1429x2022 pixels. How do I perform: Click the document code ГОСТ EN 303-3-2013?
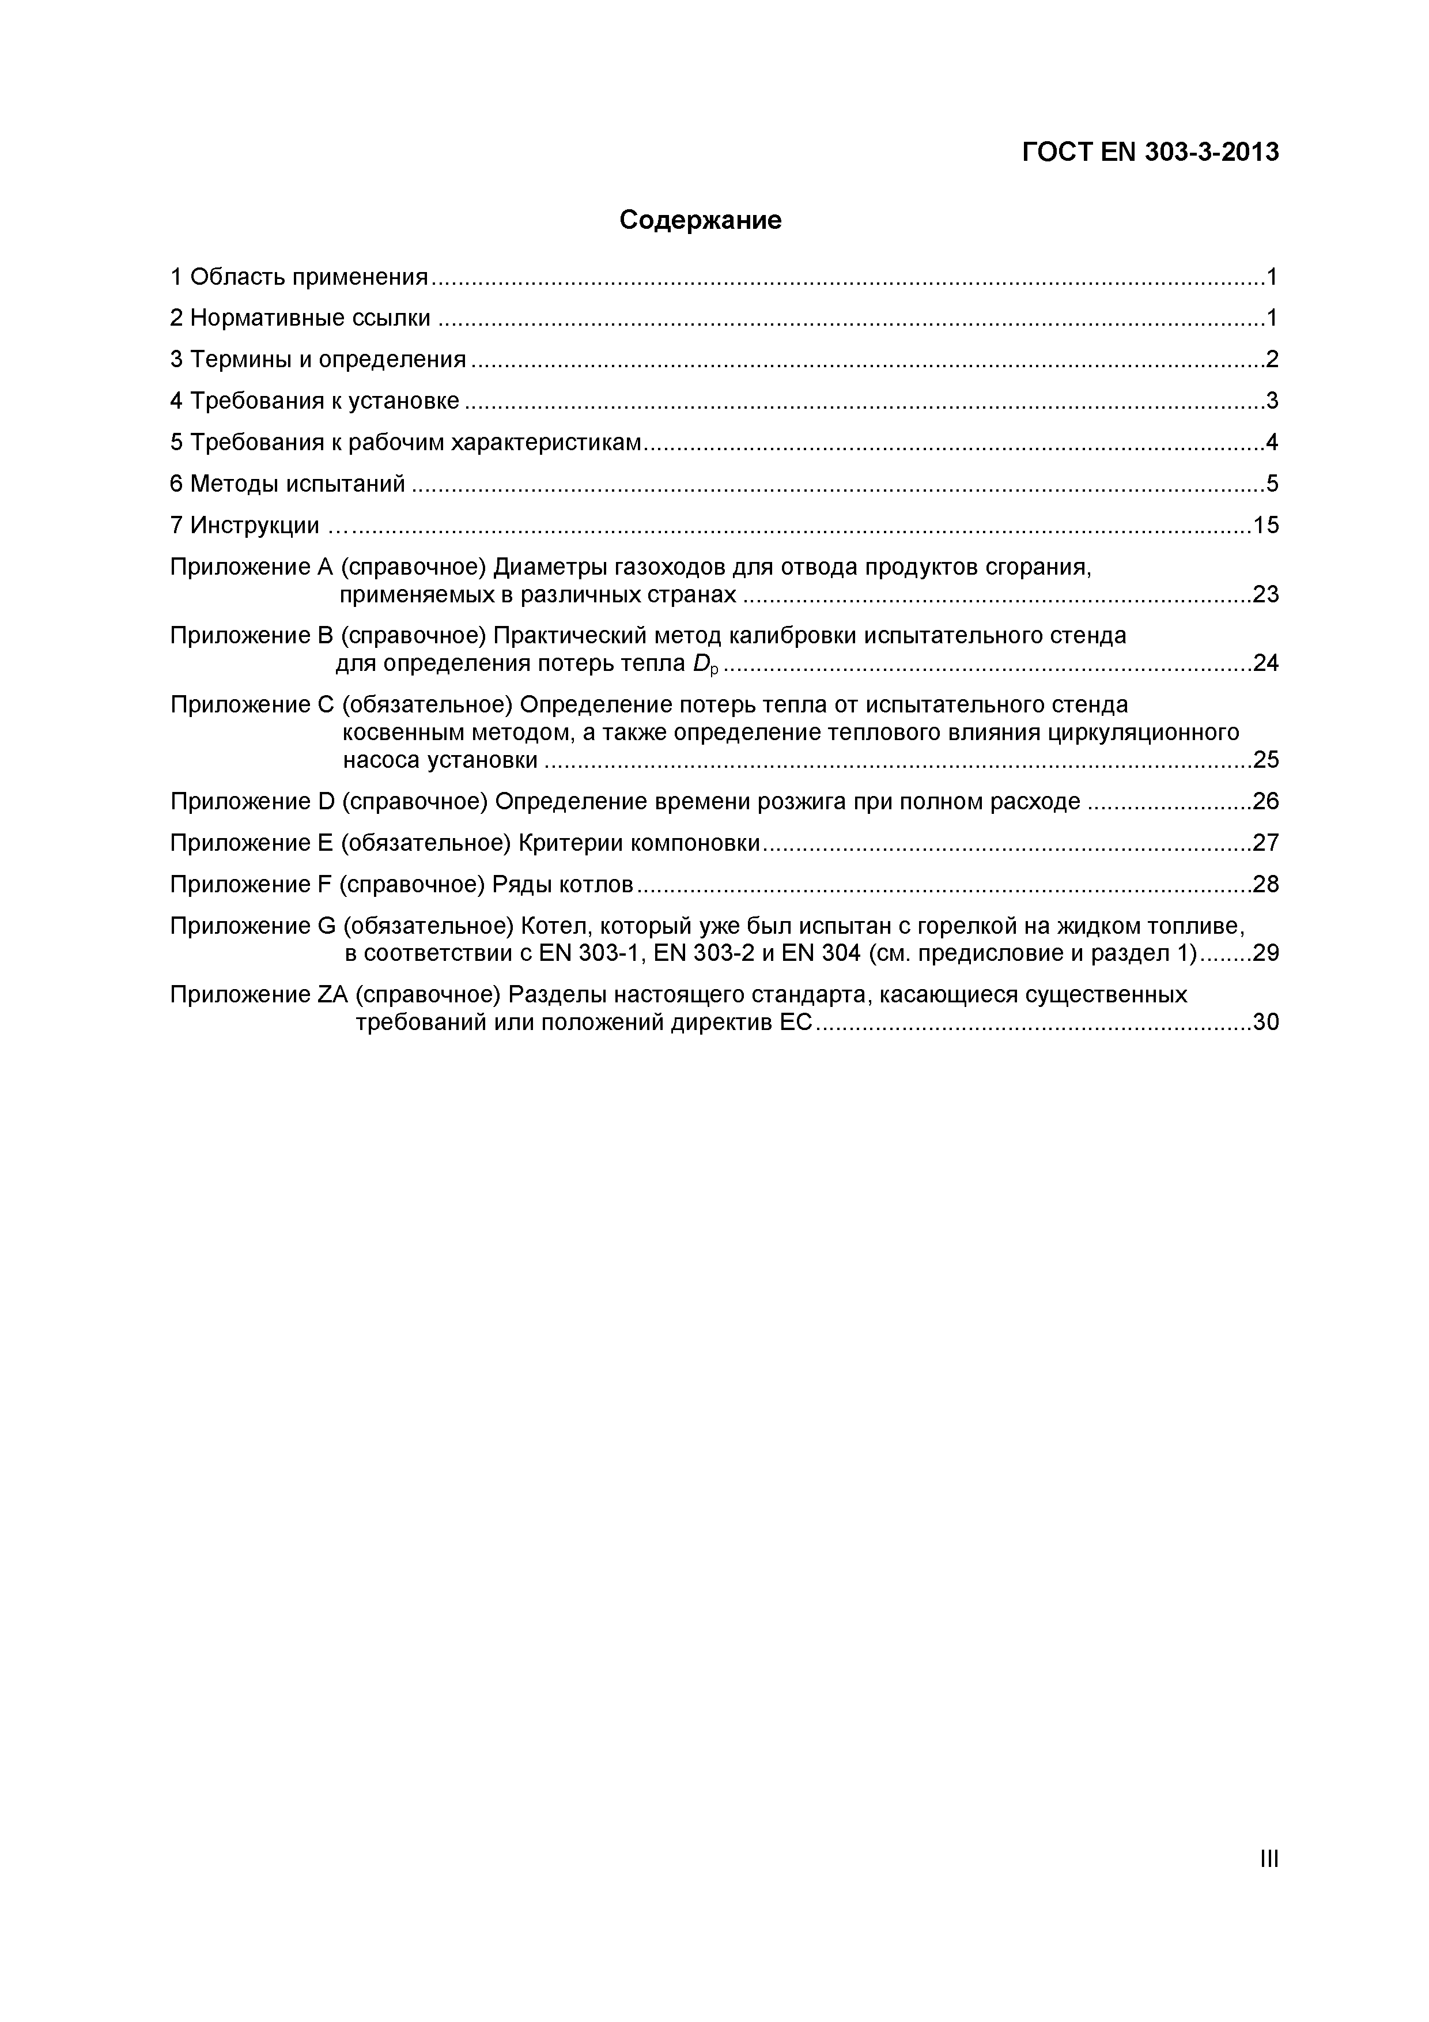pyautogui.click(x=1150, y=152)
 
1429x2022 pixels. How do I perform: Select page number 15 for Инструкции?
pyautogui.click(x=1265, y=526)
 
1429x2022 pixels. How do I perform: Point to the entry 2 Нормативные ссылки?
pyautogui.click(x=300, y=318)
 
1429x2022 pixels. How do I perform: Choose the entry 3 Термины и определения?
pyautogui.click(x=318, y=359)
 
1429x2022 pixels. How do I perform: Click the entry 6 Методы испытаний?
pyautogui.click(x=288, y=484)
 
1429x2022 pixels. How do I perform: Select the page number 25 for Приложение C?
pyautogui.click(x=1265, y=760)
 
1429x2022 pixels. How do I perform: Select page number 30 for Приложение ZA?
pyautogui.click(x=1265, y=1023)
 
